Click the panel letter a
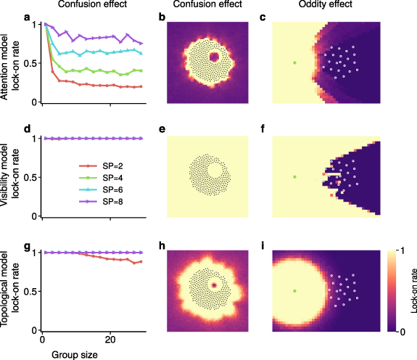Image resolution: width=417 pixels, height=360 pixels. pyautogui.click(x=26, y=17)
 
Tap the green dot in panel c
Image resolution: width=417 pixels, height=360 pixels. pyautogui.click(x=294, y=63)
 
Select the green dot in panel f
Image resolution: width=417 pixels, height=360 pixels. pyautogui.click(x=294, y=176)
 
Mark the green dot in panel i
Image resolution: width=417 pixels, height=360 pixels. pyautogui.click(x=294, y=290)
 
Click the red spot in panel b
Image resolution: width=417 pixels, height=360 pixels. pyautogui.click(x=215, y=56)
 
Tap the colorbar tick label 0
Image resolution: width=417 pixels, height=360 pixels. pyautogui.click(x=400, y=330)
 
